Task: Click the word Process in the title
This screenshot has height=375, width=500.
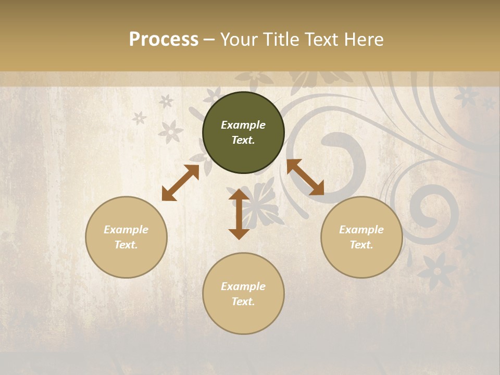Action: point(164,40)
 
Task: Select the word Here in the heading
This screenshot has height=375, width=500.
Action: point(363,40)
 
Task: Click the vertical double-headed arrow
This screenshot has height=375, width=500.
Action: point(239,214)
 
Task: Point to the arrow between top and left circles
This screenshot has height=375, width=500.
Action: point(180,183)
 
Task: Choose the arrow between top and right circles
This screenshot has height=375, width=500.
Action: point(305,177)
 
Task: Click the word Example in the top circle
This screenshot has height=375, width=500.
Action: point(243,125)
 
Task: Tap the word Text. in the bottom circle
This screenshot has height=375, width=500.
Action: point(243,302)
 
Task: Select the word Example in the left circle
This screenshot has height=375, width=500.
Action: point(126,230)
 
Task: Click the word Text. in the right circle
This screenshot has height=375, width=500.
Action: point(361,245)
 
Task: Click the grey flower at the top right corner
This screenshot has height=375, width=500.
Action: point(467,96)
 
